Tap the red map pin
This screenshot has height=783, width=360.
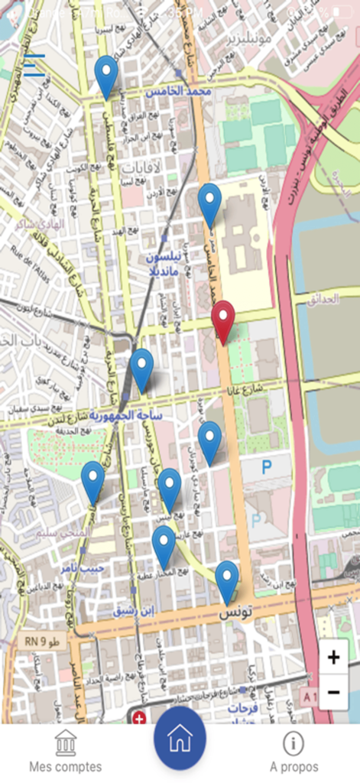pos(222,321)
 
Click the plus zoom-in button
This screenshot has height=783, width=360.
pos(333,657)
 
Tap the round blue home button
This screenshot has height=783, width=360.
pos(180,738)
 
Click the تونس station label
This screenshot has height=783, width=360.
pos(235,613)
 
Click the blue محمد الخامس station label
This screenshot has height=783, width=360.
pos(178,92)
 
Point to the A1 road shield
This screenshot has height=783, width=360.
pos(309,697)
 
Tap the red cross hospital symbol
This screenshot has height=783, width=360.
pos(138,717)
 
